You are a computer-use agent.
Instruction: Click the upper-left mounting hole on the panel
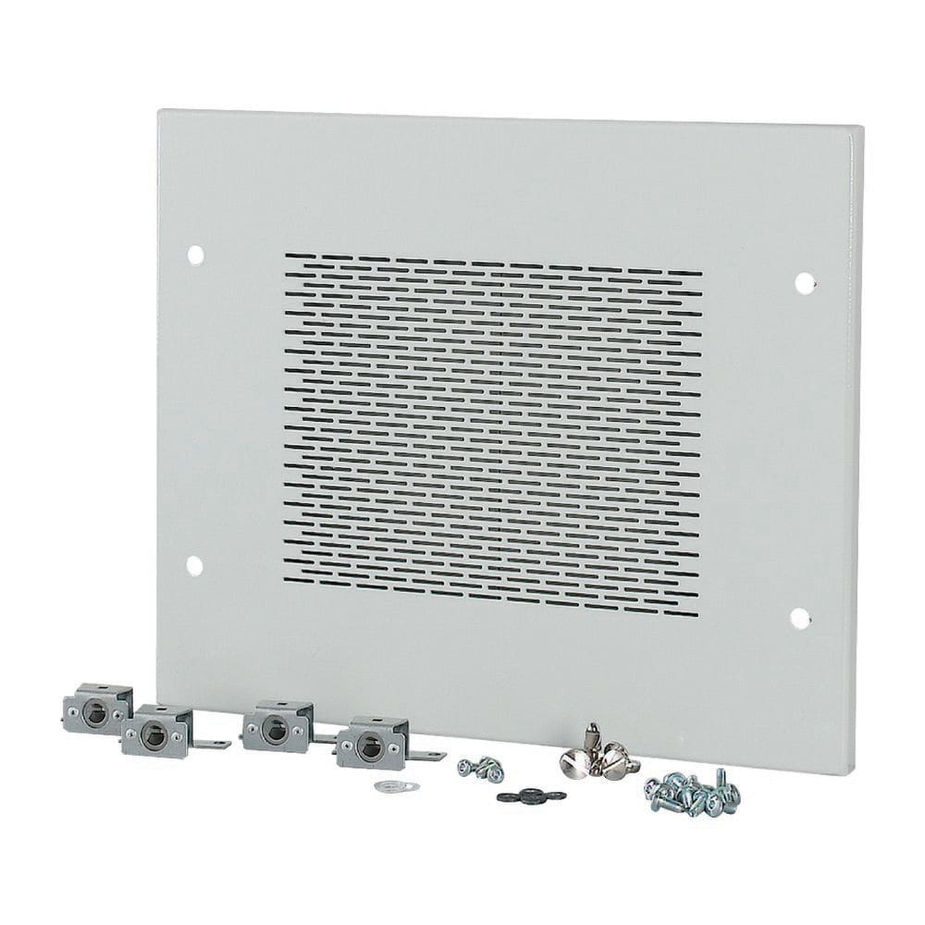pos(194,253)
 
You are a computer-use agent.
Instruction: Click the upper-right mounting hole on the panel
pos(804,282)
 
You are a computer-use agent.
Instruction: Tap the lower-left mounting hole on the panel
pos(194,564)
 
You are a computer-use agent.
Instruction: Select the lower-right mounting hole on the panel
pos(801,617)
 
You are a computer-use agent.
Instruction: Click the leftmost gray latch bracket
pos(96,707)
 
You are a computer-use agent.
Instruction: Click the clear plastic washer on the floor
pos(397,786)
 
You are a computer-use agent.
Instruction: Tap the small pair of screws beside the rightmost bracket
pos(479,768)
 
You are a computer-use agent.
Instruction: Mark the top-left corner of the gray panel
pos(159,111)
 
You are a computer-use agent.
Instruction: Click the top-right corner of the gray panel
pos(862,128)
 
